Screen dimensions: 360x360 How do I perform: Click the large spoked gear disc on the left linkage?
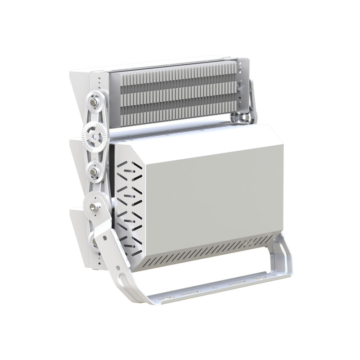click(x=94, y=133)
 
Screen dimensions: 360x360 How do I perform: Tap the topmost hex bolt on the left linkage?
click(x=93, y=103)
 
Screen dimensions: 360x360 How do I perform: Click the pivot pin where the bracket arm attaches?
click(x=93, y=207)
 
